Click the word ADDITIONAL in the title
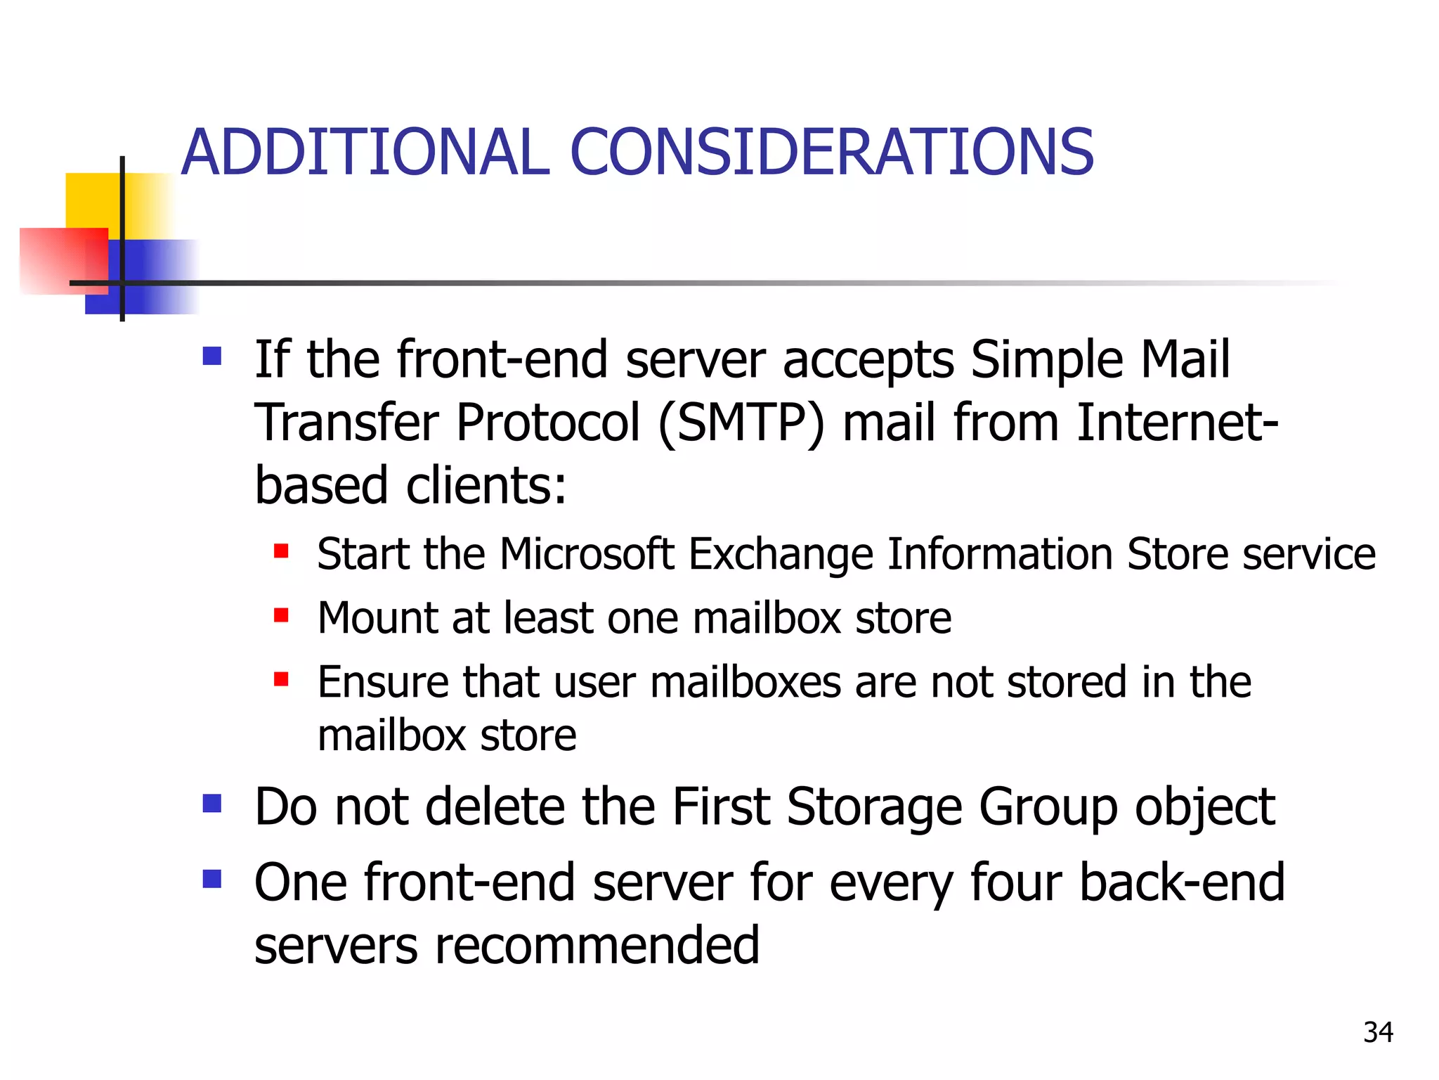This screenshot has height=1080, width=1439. (365, 153)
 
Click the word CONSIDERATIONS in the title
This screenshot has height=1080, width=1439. (831, 153)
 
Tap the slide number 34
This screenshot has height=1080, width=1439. (1378, 1032)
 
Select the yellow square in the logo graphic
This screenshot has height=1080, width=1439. (91, 200)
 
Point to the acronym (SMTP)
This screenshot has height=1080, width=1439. (741, 423)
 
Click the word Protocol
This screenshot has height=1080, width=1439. (548, 423)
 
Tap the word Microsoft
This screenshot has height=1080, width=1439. (587, 554)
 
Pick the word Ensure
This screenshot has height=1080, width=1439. (383, 682)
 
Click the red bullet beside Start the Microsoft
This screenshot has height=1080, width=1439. (281, 551)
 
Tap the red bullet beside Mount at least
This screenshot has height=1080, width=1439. (281, 616)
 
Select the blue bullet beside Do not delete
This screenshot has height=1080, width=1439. (212, 803)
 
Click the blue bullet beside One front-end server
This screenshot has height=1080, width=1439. (212, 879)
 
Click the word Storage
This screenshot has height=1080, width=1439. (874, 807)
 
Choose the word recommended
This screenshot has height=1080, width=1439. (597, 945)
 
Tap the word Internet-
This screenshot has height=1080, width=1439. (1178, 423)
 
